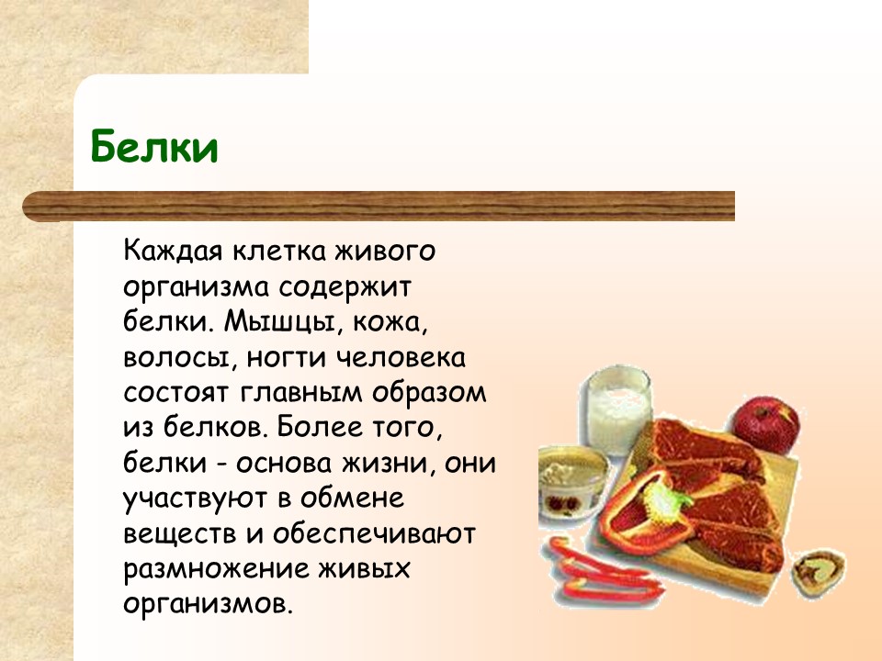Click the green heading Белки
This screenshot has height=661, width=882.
click(x=153, y=146)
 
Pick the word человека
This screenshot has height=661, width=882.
click(x=401, y=357)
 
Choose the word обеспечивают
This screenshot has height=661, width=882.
click(x=374, y=534)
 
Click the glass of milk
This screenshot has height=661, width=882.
click(x=618, y=409)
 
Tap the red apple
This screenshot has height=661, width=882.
click(x=766, y=425)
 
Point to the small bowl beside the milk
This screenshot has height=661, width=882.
click(x=573, y=480)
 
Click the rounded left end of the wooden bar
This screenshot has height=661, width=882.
click(x=27, y=207)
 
